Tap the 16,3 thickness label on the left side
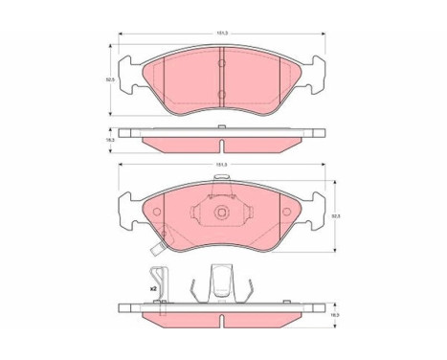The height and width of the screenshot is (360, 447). [x=111, y=140]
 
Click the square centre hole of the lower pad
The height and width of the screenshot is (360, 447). [x=221, y=214]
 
